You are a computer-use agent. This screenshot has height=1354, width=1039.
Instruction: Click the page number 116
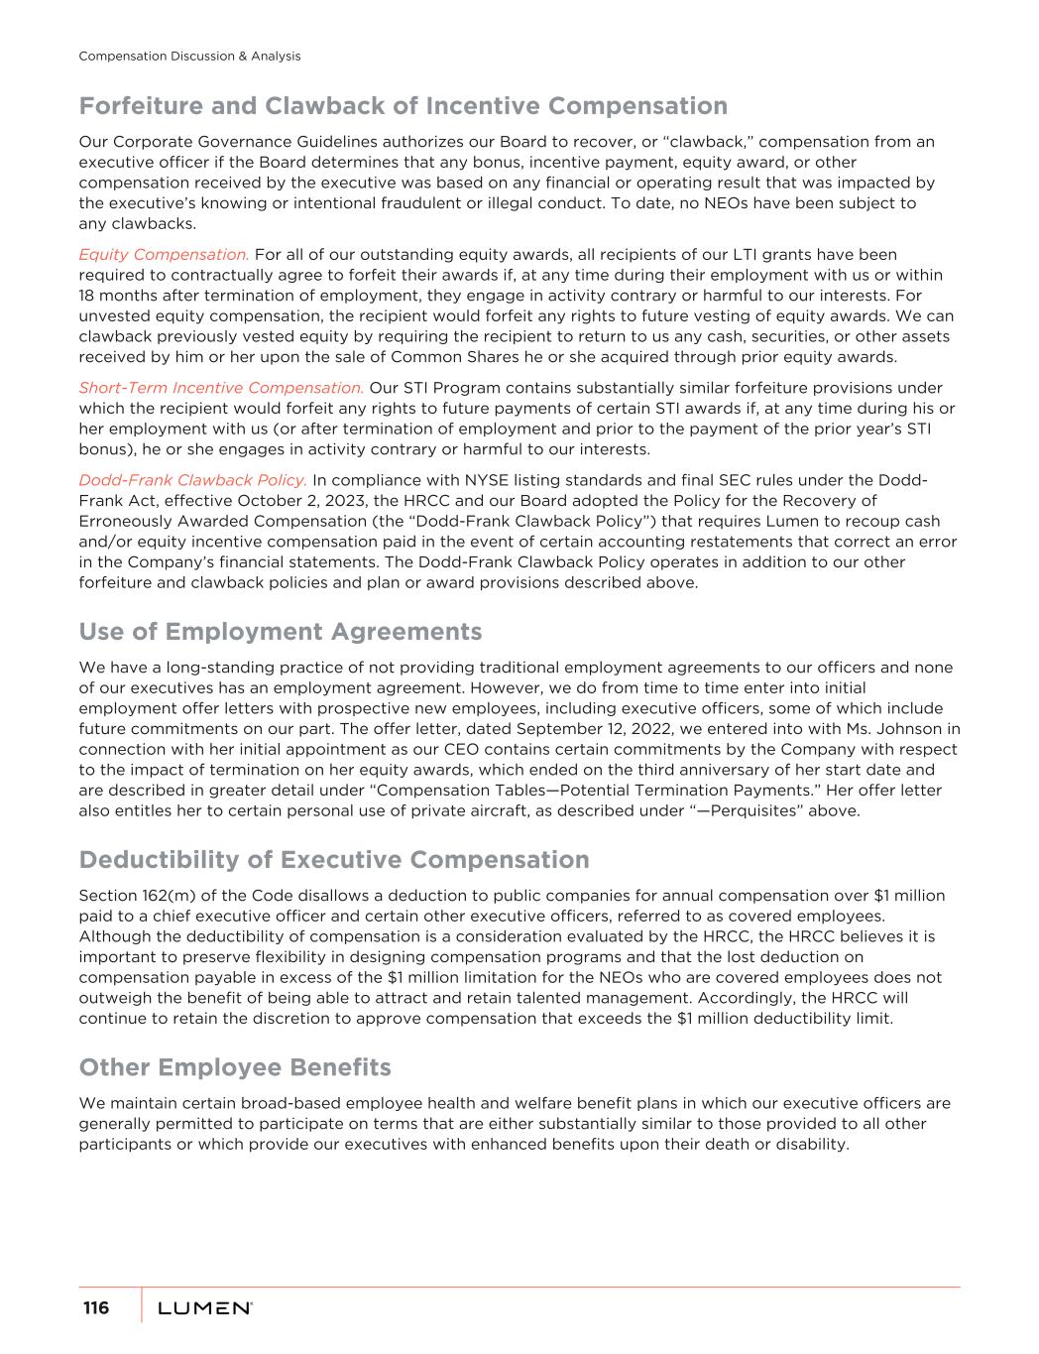coord(96,1308)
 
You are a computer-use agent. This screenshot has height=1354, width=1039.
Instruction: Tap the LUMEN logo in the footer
coord(204,1309)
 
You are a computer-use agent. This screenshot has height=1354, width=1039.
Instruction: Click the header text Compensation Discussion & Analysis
coord(189,57)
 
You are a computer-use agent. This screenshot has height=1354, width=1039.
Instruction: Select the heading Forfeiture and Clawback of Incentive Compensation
coord(403,106)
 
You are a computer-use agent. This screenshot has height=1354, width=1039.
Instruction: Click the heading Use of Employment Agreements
coord(281,632)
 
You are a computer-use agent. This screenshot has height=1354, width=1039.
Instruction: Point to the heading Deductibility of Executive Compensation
coord(334,859)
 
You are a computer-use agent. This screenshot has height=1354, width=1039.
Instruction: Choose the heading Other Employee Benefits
coord(235,1067)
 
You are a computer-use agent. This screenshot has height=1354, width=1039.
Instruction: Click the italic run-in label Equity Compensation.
coord(164,255)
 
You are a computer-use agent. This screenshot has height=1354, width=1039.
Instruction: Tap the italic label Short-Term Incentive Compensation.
coord(221,388)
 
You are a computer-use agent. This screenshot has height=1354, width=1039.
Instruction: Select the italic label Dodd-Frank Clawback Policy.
coord(192,480)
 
